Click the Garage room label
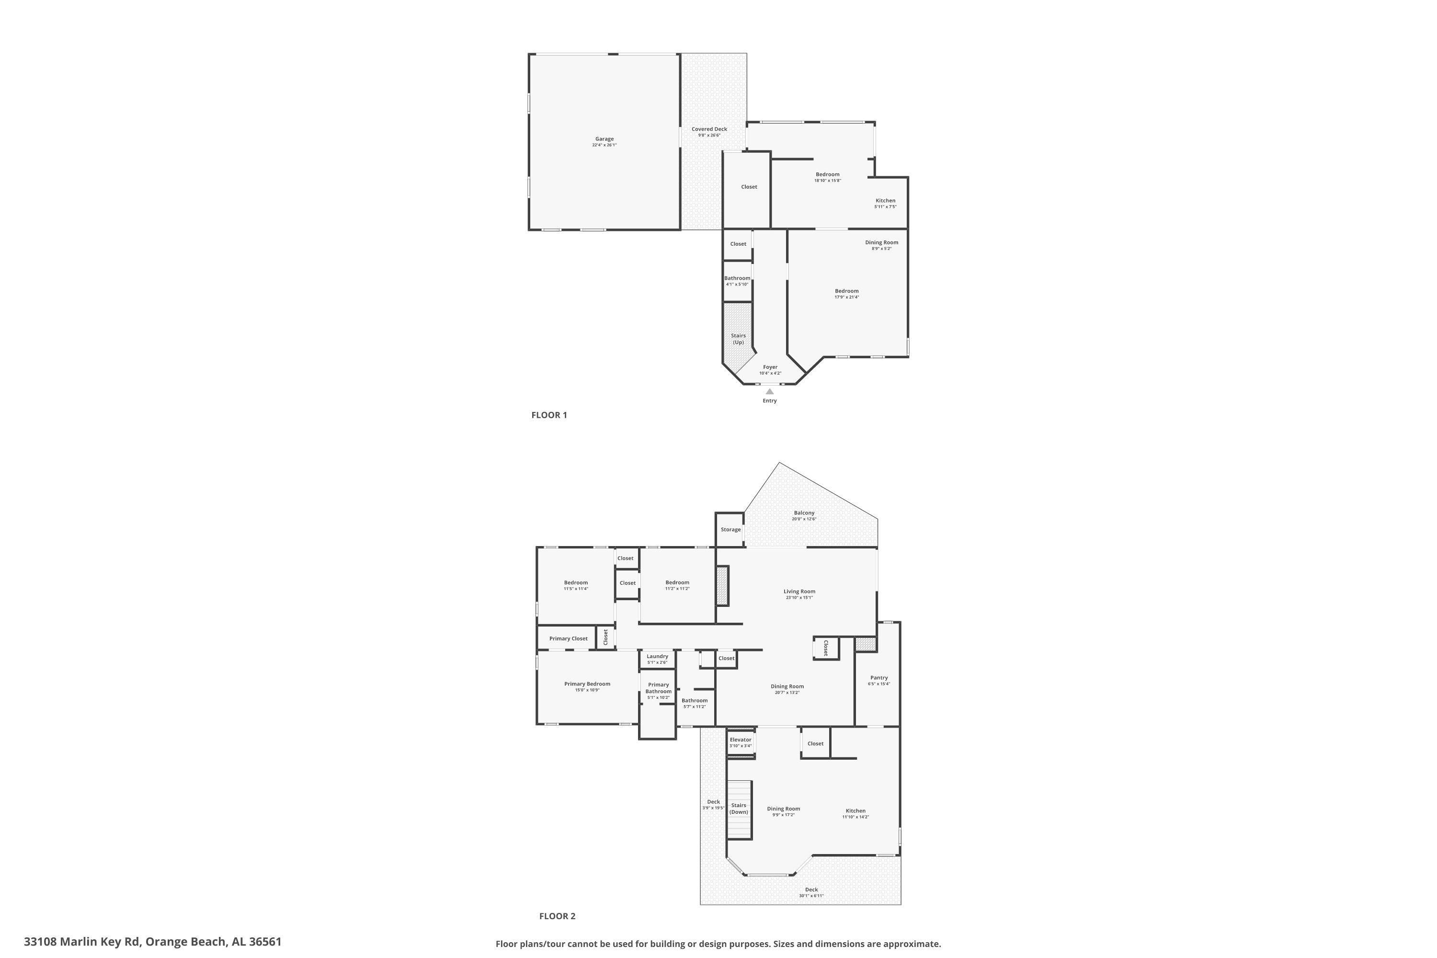604,139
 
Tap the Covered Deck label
709,129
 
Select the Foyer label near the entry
770,367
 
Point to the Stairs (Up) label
738,339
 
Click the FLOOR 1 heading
549,415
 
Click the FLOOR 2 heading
557,916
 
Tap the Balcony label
804,513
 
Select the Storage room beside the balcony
730,530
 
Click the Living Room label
799,592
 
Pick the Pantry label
878,678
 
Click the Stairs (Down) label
739,809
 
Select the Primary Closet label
568,639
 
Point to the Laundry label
657,657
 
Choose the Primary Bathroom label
659,688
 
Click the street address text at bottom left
153,942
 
